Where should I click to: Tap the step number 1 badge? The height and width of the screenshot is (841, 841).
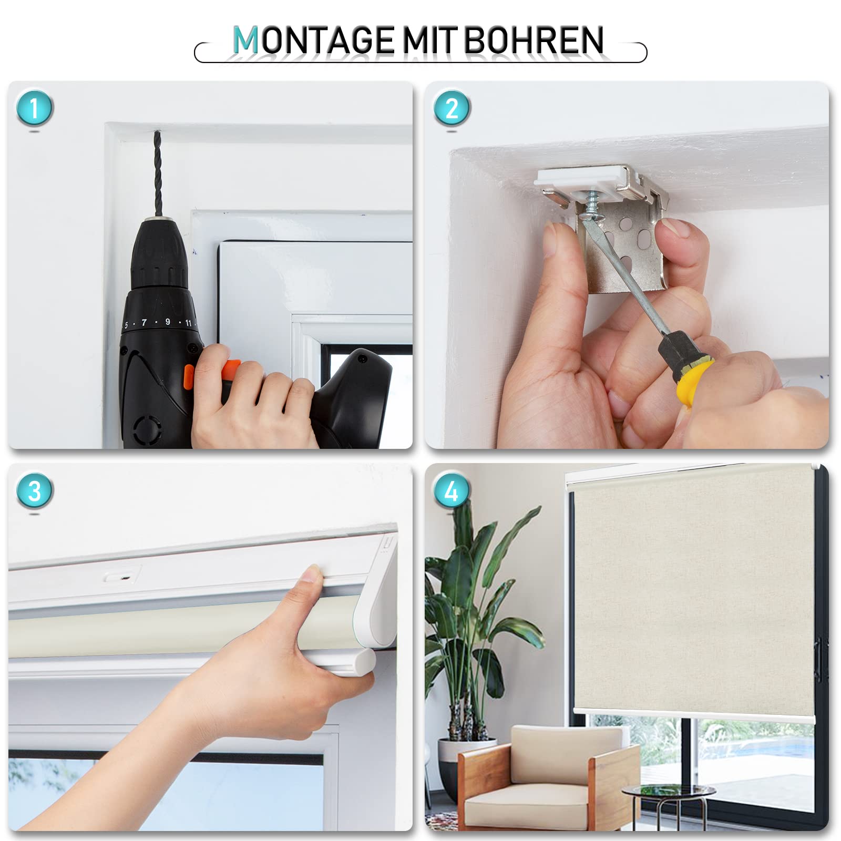(x=35, y=108)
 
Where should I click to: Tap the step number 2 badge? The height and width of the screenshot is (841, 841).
(x=452, y=108)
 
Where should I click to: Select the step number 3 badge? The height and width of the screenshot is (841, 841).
(x=35, y=491)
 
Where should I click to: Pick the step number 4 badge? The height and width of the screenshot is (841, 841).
(x=452, y=491)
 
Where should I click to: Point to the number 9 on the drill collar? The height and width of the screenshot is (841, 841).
(x=168, y=322)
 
